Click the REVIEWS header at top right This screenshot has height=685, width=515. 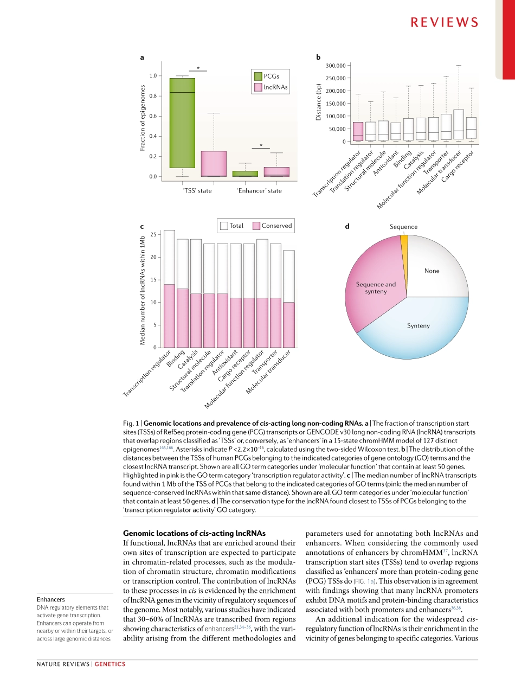(444, 22)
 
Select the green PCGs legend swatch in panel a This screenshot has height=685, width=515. (259, 76)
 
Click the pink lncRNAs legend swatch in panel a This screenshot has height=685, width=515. (259, 87)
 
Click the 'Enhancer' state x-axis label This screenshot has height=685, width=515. (259, 191)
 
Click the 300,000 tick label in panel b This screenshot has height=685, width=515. (335, 66)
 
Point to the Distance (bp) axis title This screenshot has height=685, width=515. (319, 103)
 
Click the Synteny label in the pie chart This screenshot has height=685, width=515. (418, 325)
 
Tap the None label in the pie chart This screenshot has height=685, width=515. (432, 271)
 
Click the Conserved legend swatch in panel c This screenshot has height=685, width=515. (256, 226)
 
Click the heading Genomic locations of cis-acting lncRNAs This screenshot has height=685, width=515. (195, 533)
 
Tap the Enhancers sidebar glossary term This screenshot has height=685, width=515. (51, 599)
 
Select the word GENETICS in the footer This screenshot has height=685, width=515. (110, 664)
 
